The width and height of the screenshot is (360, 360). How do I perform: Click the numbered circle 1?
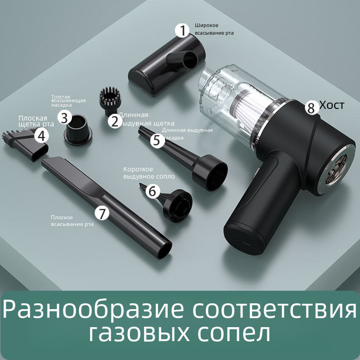click(182, 31)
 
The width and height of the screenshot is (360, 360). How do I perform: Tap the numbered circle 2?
click(115, 121)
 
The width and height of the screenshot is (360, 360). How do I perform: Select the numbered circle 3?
click(65, 118)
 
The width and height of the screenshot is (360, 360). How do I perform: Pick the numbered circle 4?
click(41, 136)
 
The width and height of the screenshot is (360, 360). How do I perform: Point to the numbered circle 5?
click(157, 140)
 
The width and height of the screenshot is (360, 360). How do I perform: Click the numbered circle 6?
click(153, 191)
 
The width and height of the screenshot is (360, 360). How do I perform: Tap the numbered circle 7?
click(102, 213)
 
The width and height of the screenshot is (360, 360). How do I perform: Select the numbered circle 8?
click(311, 108)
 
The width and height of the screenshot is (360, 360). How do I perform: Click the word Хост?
click(332, 105)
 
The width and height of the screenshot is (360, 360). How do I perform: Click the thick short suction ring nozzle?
click(77, 130)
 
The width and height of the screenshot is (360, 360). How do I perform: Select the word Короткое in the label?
click(138, 170)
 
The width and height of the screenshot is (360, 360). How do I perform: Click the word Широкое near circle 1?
click(207, 25)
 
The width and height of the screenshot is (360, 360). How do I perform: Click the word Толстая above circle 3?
click(61, 97)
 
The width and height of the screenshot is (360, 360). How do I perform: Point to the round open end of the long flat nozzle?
click(164, 251)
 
